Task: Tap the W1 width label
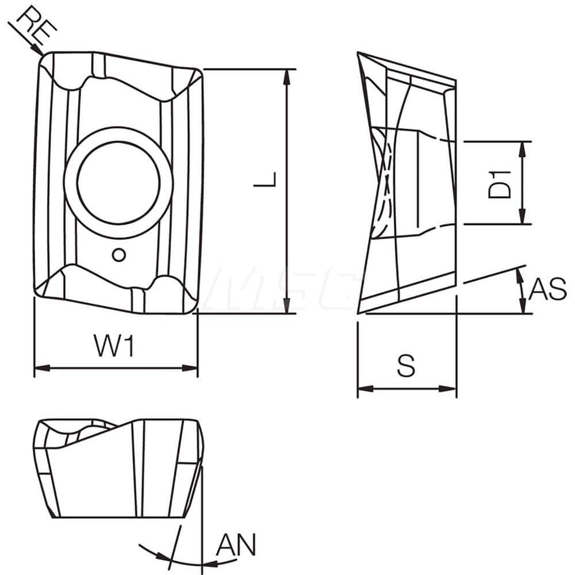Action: (114, 346)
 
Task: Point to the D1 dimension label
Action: (500, 183)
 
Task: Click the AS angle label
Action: (548, 290)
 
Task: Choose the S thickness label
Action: (407, 366)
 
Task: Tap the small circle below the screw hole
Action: (118, 254)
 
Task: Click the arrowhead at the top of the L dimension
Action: (286, 75)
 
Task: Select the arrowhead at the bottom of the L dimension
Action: (286, 307)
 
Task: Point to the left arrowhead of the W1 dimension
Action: (41, 368)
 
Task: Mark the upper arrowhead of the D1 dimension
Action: (522, 147)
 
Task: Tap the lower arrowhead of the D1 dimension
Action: (522, 218)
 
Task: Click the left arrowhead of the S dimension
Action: (364, 389)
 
